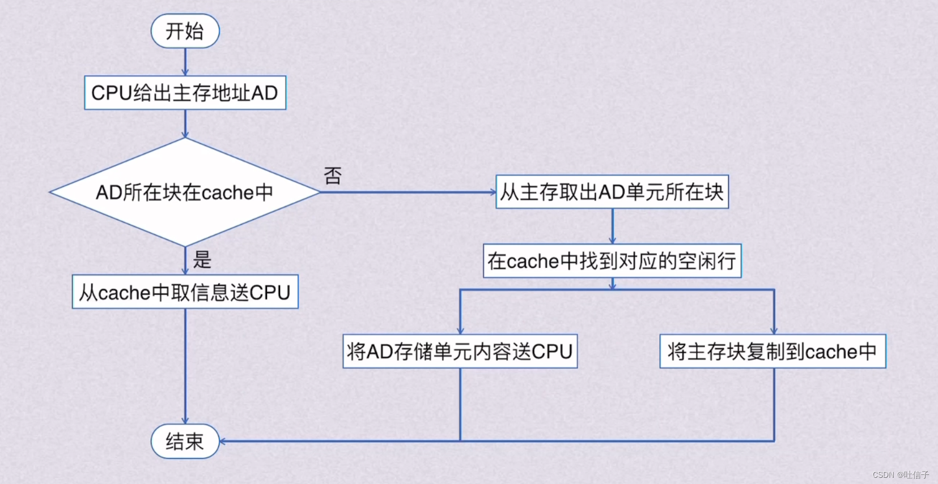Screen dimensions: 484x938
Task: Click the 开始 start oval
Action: (x=185, y=31)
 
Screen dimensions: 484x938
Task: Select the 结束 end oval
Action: (x=185, y=441)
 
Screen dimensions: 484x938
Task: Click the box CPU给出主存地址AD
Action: (x=185, y=93)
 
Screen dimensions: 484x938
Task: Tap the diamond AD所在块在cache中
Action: (x=185, y=192)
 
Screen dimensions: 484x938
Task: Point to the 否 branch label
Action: (x=333, y=175)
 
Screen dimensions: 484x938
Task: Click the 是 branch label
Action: (x=202, y=260)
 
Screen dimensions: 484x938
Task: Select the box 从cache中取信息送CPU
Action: (x=185, y=292)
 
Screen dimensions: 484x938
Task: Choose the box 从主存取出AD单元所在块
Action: (x=612, y=192)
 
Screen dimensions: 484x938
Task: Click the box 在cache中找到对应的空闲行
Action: (x=612, y=261)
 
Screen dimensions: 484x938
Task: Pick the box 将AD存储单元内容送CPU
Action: (x=460, y=352)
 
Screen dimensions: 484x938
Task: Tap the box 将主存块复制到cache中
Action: (x=772, y=352)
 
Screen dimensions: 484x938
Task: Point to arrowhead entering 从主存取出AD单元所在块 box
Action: (x=493, y=192)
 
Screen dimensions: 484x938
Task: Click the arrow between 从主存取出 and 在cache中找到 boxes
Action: (x=612, y=226)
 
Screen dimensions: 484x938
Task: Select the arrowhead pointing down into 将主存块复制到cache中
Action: (x=774, y=331)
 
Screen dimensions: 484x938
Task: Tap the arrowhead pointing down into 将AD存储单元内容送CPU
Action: (x=460, y=331)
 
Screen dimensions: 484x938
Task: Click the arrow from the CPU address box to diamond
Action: (x=185, y=123)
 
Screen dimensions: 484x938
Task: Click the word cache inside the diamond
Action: (x=227, y=193)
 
